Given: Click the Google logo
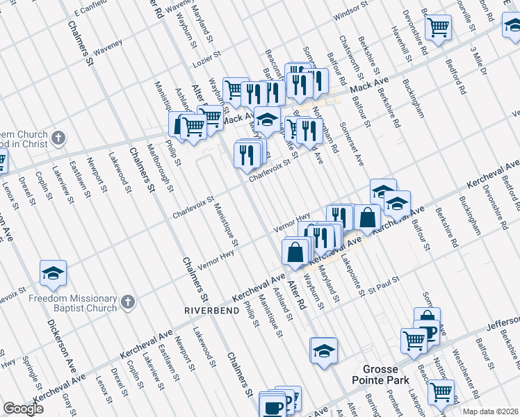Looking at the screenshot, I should tap(23, 409).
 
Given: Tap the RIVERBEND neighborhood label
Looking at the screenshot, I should tap(211, 309).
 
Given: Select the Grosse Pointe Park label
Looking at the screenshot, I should tap(387, 376).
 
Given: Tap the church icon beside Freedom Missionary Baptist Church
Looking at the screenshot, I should tap(127, 302).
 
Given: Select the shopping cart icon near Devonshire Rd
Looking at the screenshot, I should tap(439, 28).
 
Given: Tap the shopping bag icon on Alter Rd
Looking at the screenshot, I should tap(295, 251).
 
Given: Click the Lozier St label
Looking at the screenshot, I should tap(207, 54).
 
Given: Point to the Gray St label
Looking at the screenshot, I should tap(67, 399).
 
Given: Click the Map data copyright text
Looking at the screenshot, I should tap(491, 411).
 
